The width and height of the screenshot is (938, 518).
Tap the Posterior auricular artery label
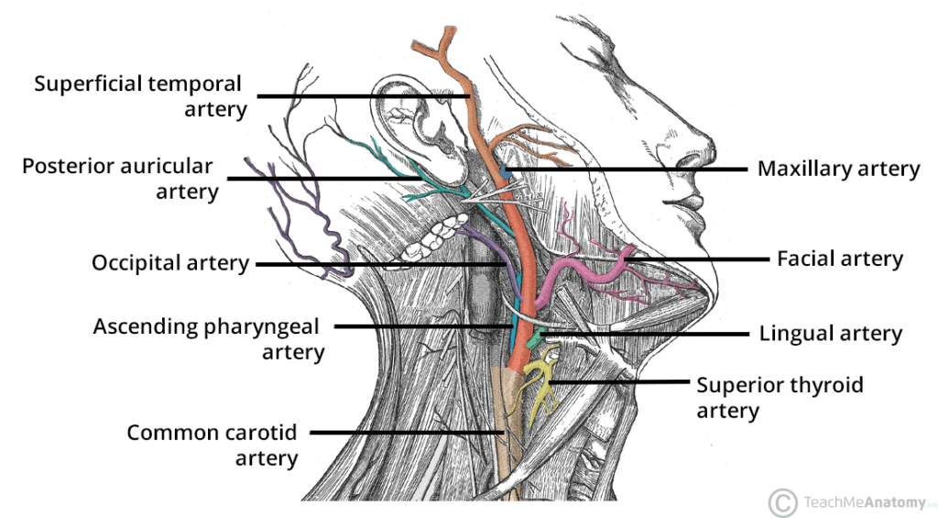point(119,179)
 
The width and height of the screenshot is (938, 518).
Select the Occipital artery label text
point(169,263)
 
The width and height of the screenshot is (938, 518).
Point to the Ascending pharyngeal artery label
point(209,338)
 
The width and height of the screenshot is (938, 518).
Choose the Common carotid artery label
point(213,445)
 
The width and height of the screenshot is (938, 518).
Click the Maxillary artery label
point(837,169)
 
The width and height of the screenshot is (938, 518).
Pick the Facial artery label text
point(839,259)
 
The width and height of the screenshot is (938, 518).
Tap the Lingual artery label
point(830,334)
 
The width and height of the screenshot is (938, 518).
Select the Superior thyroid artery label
point(780,396)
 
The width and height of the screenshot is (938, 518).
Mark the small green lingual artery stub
point(546,332)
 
